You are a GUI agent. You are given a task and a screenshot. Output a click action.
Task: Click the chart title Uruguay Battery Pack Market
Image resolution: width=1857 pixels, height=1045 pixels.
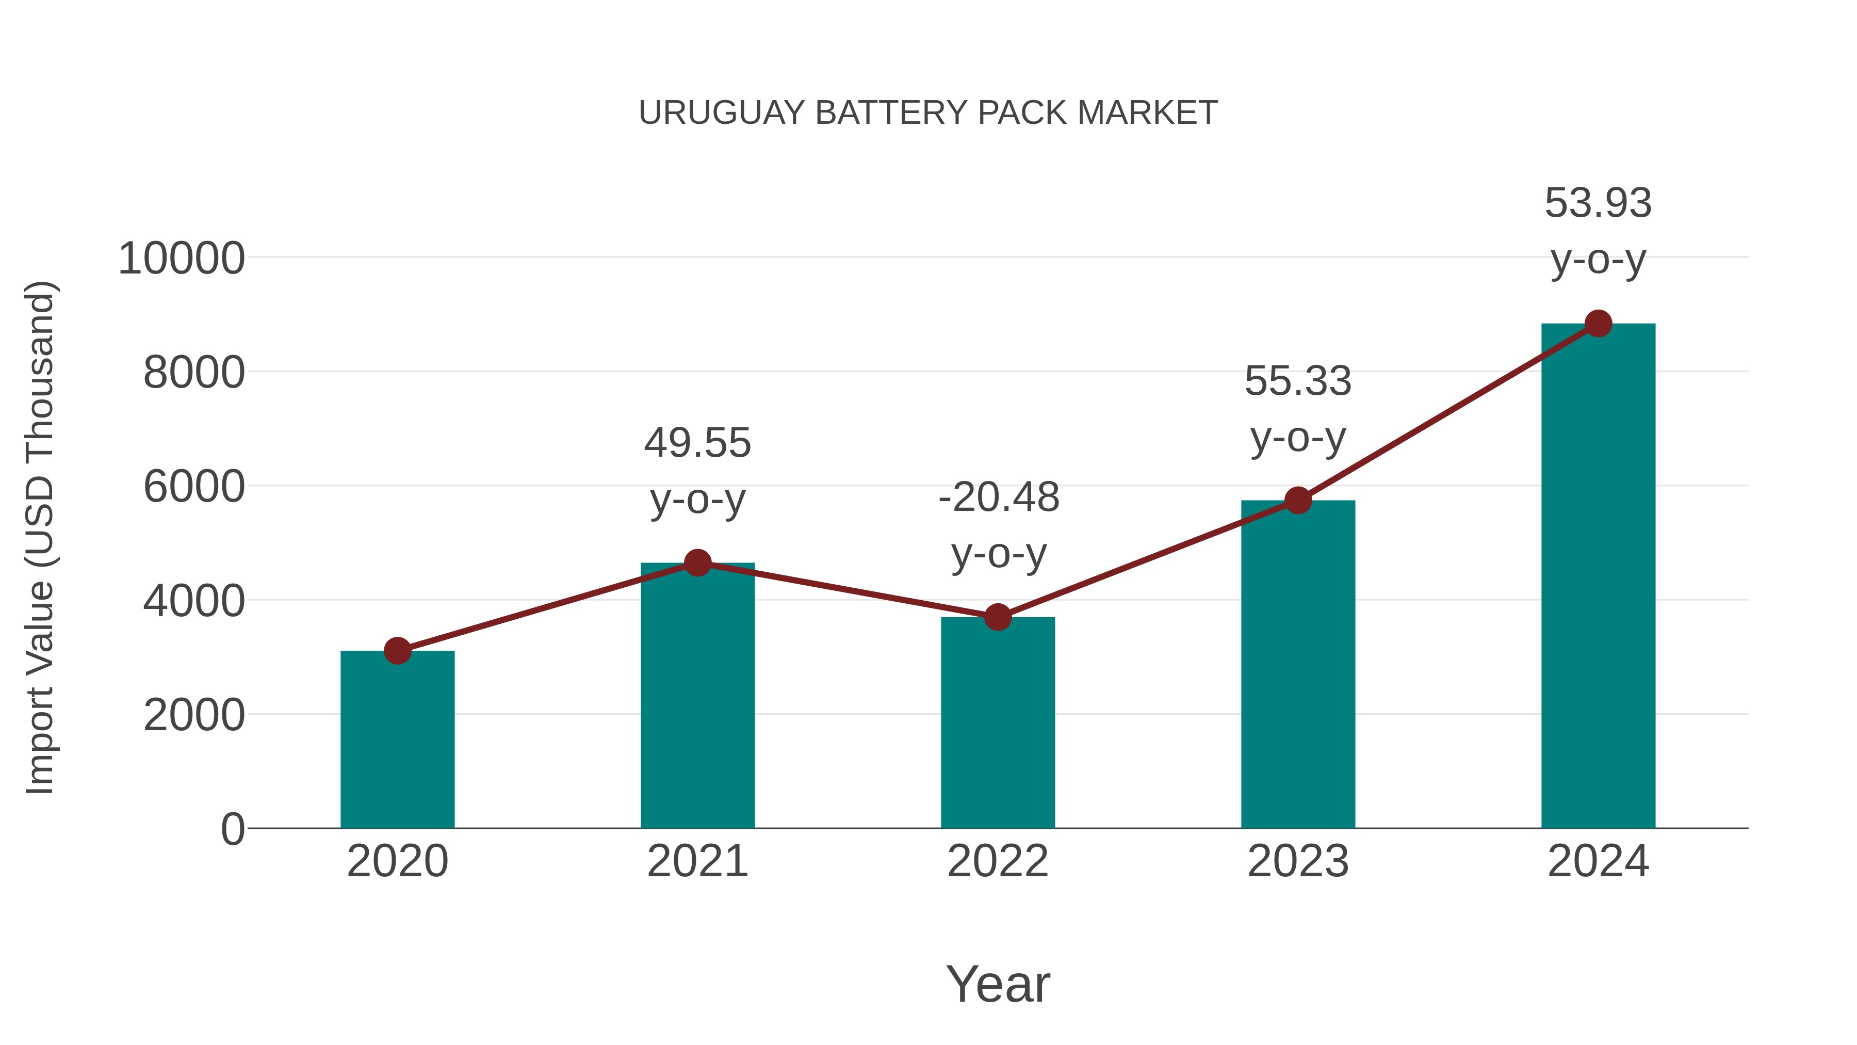point(928,113)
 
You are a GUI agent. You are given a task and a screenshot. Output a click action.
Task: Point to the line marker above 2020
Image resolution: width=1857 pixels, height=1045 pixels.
point(397,651)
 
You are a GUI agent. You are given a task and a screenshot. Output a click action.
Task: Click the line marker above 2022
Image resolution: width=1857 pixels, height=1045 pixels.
point(998,617)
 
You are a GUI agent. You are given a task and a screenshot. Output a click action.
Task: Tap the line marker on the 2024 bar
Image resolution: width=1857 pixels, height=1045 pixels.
point(1598,324)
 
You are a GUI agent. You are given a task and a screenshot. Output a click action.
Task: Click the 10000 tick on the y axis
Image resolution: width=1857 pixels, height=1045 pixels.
point(181,259)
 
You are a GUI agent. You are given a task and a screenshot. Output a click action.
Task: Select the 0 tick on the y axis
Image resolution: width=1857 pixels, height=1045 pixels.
point(232,829)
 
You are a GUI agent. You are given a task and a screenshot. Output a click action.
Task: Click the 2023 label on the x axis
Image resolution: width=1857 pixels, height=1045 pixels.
point(1298,861)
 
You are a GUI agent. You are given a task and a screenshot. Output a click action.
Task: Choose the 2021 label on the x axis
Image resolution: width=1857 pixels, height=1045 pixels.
point(697,861)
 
